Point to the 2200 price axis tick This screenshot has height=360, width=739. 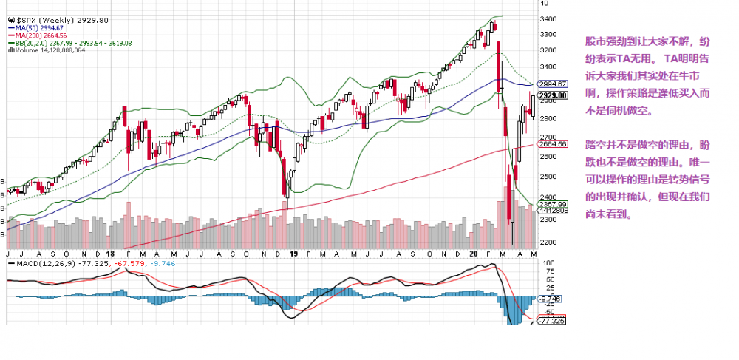(548, 242)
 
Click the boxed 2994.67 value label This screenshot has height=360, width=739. (553, 84)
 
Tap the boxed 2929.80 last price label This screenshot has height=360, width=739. (553, 95)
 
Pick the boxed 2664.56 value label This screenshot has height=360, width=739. (553, 144)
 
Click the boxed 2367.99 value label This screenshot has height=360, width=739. (553, 204)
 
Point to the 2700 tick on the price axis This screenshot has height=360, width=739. (548, 137)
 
